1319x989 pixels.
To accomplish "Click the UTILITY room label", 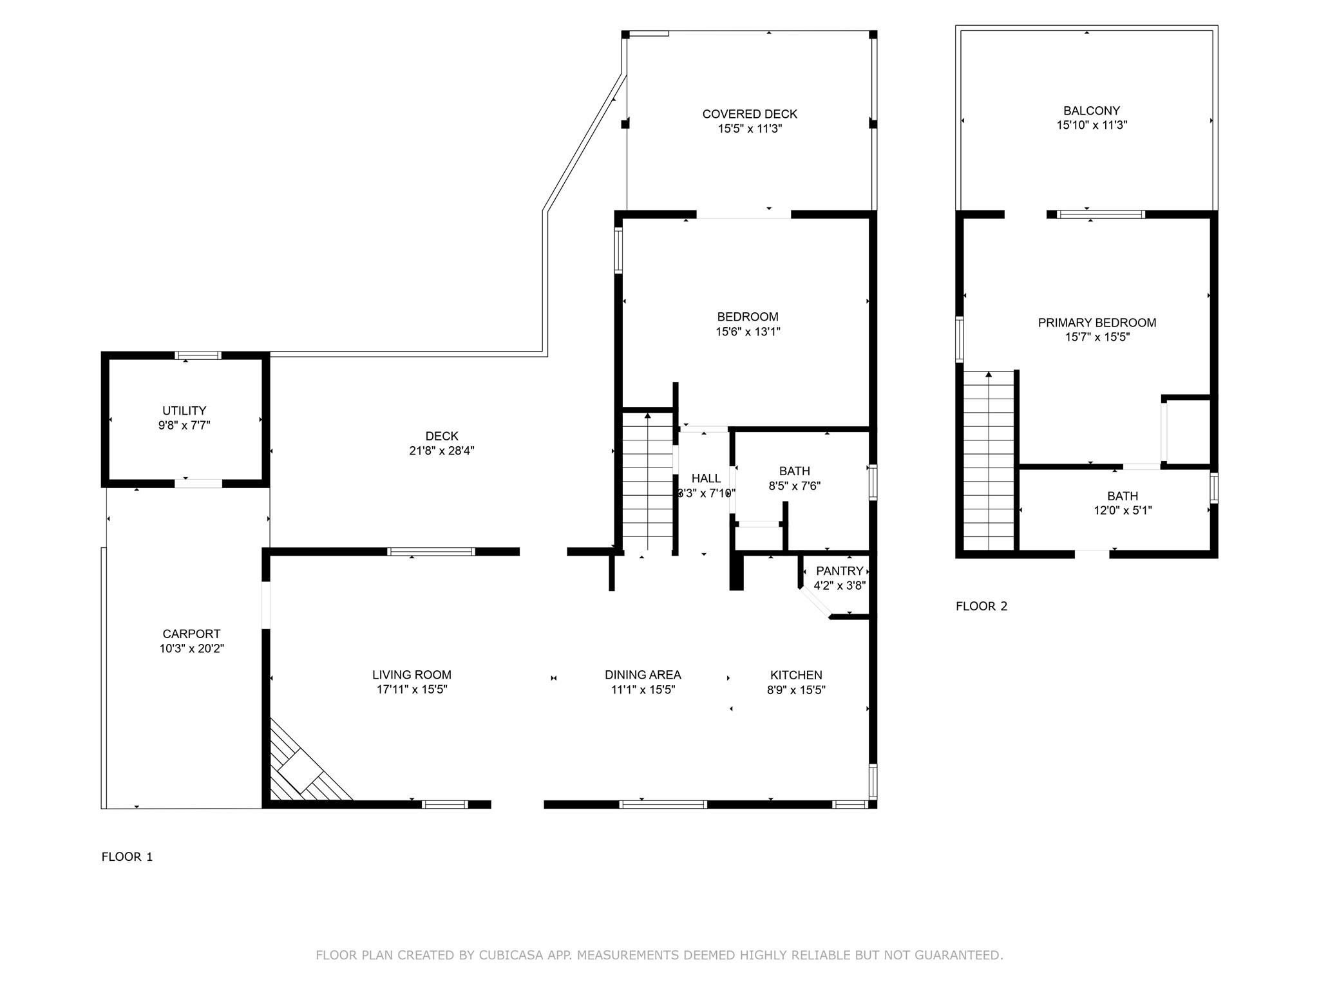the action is tap(184, 411).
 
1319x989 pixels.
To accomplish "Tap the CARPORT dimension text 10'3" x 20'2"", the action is tap(192, 648).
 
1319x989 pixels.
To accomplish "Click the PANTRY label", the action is tap(839, 571).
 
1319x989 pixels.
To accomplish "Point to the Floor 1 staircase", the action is tap(648, 482).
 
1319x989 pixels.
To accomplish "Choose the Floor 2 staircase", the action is tap(989, 461).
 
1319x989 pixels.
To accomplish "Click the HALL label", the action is tap(706, 478).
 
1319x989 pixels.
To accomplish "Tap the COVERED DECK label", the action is tap(750, 114).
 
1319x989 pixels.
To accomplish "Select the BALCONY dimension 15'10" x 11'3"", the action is tap(1092, 125).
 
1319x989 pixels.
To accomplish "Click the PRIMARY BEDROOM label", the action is tap(1097, 323).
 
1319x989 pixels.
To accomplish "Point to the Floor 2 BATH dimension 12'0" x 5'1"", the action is tap(1123, 511).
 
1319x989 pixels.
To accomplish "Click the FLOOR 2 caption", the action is tap(982, 606).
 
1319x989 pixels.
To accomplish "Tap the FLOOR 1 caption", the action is tap(128, 856).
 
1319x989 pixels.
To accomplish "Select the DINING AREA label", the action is tap(643, 675).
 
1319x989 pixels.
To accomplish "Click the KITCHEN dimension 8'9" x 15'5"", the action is tap(796, 690).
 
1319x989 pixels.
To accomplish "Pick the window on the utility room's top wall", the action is tap(198, 355).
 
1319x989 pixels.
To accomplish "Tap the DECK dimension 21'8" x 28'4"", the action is tap(442, 451).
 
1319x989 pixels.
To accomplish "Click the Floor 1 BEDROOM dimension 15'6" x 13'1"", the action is tap(748, 332).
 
